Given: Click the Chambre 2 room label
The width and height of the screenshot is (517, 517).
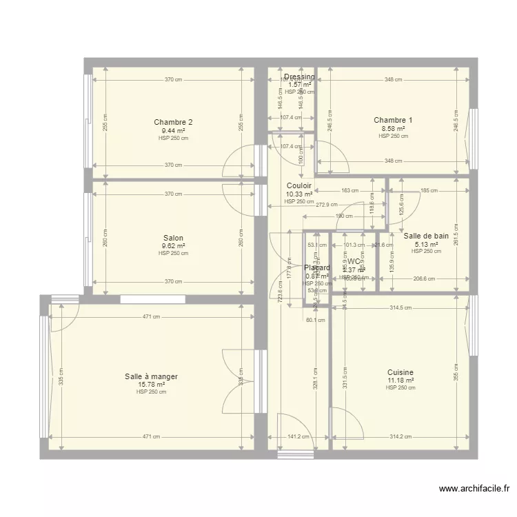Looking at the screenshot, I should tap(173, 123).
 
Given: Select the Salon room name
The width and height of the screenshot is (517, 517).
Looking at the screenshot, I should tap(173, 238).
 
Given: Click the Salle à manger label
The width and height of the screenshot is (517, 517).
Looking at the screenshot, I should tap(151, 376).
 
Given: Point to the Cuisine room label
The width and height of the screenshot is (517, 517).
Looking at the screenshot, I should tap(401, 372).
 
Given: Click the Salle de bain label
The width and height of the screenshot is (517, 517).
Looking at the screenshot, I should tap(426, 236).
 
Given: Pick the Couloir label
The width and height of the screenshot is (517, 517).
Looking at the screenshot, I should tap(299, 186).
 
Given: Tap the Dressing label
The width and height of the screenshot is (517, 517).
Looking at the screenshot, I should tap(299, 77).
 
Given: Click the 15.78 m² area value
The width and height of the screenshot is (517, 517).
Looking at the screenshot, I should tap(151, 384).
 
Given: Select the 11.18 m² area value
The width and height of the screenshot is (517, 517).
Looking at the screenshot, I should tap(401, 380).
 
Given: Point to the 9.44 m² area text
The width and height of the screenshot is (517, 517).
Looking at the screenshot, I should tap(173, 130).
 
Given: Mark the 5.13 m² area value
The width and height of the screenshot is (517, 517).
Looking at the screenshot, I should tap(426, 243).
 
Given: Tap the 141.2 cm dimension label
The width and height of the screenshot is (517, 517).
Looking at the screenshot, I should tap(298, 436).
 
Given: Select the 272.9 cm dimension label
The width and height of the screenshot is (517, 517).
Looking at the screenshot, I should tap(327, 205).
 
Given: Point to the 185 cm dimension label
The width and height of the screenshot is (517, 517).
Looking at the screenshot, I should tap(429, 190).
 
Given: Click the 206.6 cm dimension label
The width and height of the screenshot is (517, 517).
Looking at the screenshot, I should tap(424, 278).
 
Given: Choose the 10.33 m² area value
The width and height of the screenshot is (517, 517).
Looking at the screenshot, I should tap(299, 194).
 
